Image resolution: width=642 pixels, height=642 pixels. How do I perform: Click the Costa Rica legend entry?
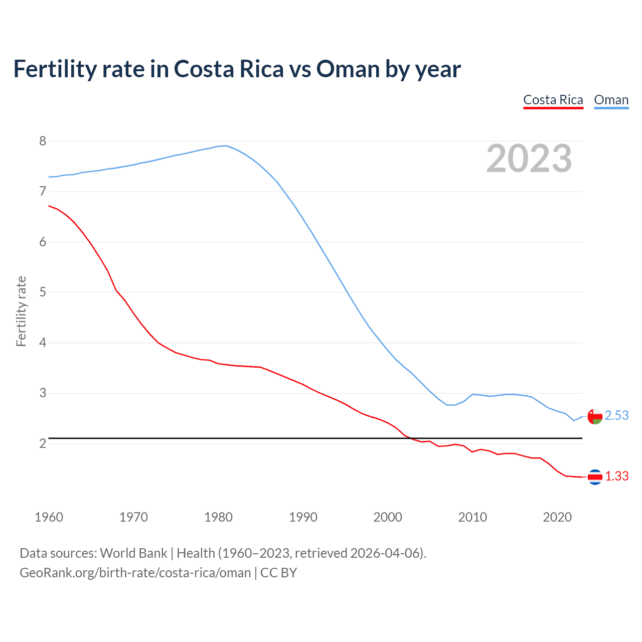coord(553,100)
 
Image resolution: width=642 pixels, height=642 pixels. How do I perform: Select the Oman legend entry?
coord(611,100)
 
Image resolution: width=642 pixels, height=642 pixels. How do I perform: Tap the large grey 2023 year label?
coord(529,158)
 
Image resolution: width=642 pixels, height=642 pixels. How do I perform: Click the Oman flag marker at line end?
coord(595,416)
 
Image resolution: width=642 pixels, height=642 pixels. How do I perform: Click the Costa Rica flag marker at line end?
coord(595,477)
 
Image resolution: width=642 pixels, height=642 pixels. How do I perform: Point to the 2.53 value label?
coord(617,415)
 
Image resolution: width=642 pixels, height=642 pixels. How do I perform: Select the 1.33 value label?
coord(617,476)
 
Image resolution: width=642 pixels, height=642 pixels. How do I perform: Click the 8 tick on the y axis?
coord(43,141)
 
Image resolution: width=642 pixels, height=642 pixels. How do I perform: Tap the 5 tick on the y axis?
coord(43,292)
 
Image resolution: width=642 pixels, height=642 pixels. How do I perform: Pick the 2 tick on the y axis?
coord(43,443)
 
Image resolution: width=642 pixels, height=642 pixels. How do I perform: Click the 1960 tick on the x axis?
coord(49,517)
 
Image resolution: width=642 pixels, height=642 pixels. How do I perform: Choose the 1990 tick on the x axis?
coord(303,517)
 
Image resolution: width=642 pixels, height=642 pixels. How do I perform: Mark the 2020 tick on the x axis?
coord(557,517)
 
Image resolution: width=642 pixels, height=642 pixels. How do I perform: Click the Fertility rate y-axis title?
coord(21,311)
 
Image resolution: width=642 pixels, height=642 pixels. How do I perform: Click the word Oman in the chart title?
coord(348,69)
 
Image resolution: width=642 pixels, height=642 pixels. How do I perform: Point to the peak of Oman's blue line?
coord(226,146)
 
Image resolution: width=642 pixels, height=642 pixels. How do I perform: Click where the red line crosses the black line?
coord(410,438)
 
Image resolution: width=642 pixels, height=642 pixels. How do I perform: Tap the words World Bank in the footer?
coord(133,553)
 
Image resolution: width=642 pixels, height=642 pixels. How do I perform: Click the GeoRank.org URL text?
coord(135,573)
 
